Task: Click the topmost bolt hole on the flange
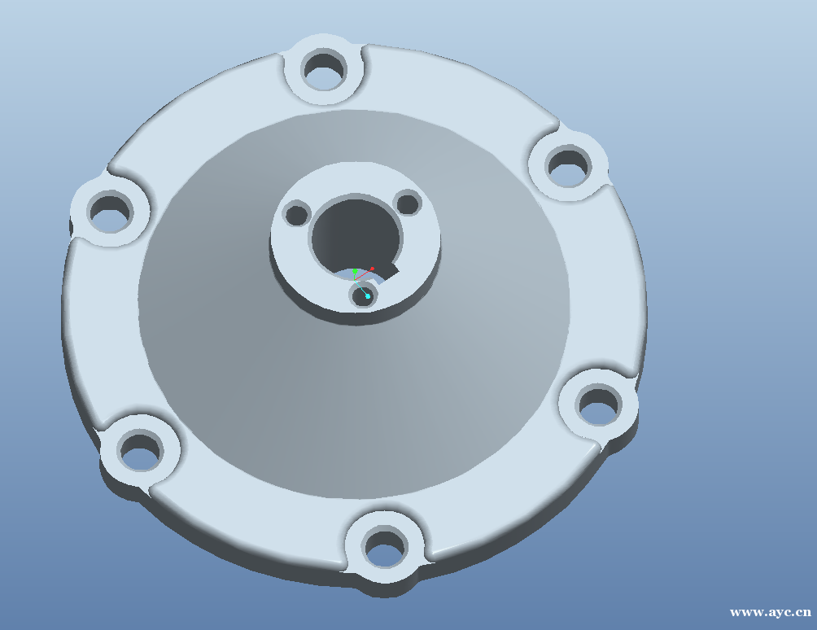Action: pyautogui.click(x=324, y=70)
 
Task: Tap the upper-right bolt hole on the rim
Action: pyautogui.click(x=569, y=166)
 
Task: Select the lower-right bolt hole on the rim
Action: pyautogui.click(x=599, y=405)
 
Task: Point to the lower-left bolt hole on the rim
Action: pyautogui.click(x=141, y=449)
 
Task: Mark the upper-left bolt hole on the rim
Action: pyautogui.click(x=110, y=212)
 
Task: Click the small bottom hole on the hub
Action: pyautogui.click(x=362, y=296)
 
